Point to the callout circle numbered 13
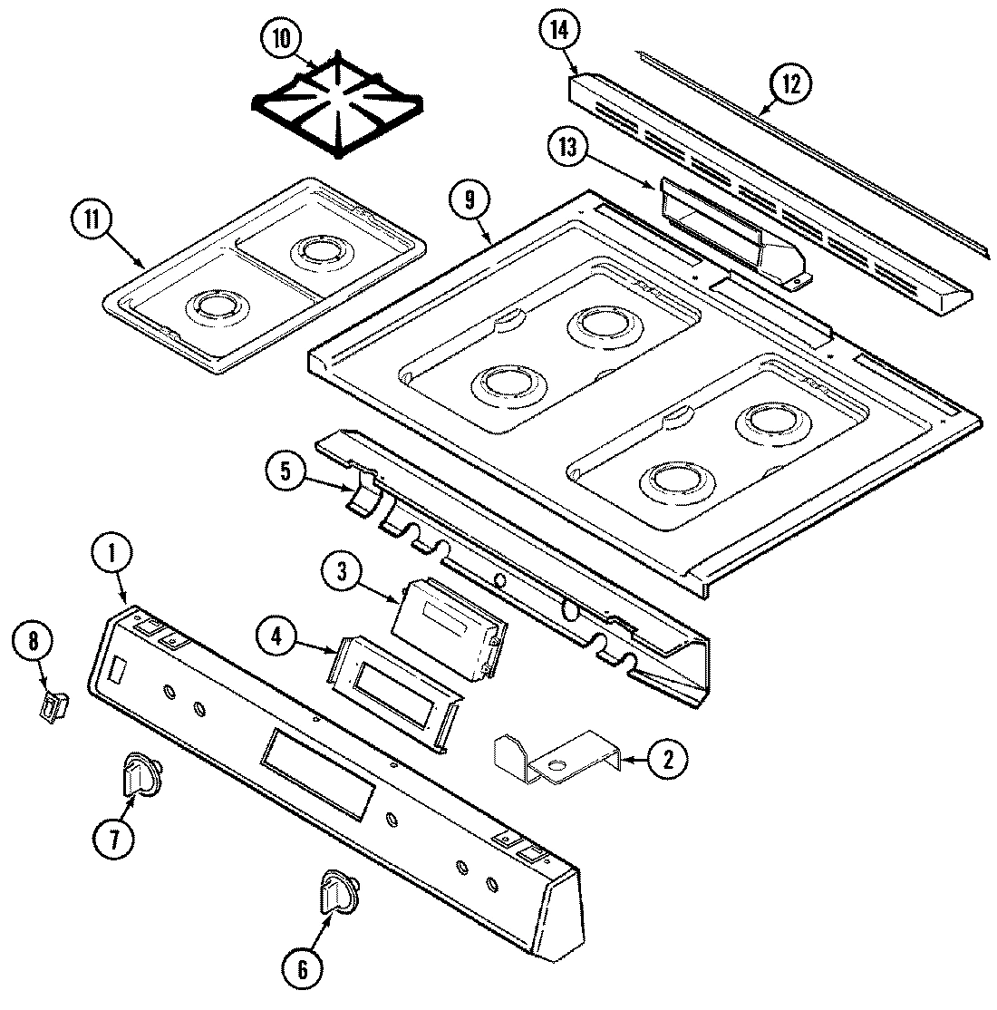point(568,148)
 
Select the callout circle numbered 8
point(34,642)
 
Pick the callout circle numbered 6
point(303,968)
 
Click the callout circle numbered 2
point(668,759)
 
